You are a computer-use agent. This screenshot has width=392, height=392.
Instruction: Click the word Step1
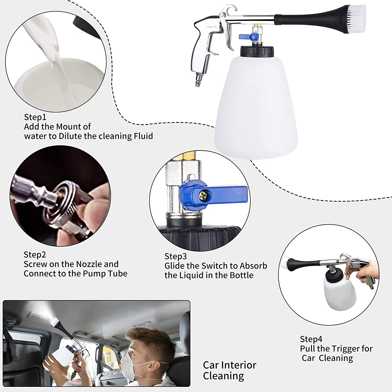click(35, 117)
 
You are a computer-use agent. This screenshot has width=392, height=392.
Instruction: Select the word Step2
click(35, 255)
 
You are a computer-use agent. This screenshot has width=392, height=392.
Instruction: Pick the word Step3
click(176, 256)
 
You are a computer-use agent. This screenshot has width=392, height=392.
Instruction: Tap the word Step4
click(311, 339)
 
